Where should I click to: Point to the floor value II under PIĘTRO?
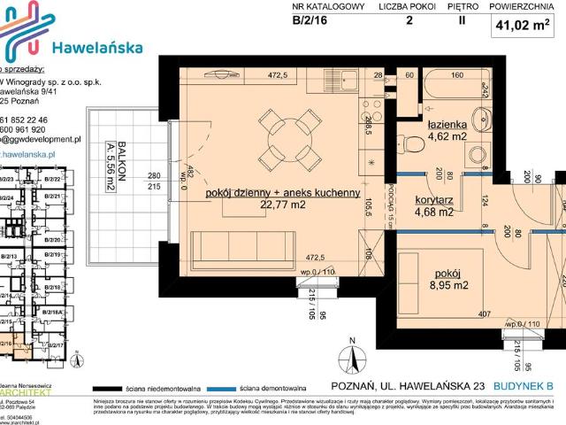pos(461,24)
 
